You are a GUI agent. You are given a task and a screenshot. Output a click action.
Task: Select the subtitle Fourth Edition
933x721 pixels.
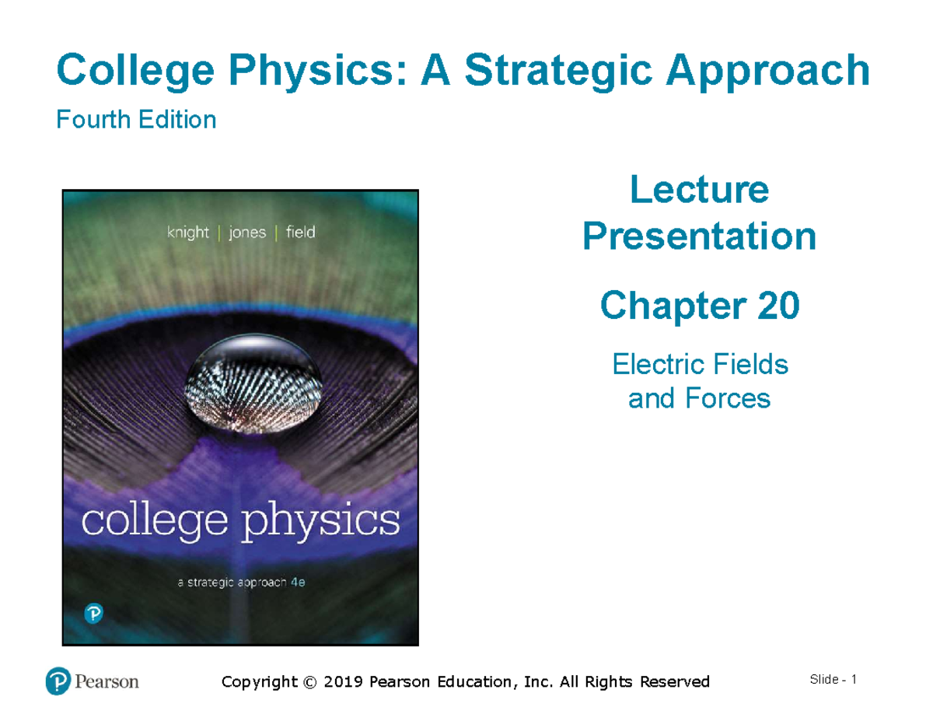136,120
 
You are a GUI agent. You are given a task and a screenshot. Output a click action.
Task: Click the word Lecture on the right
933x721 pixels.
699,190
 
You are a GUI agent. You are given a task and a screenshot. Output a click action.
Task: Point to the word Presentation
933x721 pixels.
699,236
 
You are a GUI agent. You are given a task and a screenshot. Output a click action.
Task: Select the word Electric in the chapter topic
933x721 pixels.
660,364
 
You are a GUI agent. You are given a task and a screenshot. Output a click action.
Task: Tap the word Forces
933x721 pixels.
731,399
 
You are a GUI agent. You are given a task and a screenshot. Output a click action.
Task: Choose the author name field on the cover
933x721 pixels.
300,232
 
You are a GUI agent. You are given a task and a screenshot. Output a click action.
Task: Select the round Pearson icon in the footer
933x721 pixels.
58,681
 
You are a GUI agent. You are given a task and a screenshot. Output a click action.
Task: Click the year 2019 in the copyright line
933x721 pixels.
344,682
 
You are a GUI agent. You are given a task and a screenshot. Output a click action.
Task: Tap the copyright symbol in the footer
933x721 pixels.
310,682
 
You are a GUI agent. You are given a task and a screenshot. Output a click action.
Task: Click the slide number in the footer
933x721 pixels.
853,680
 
